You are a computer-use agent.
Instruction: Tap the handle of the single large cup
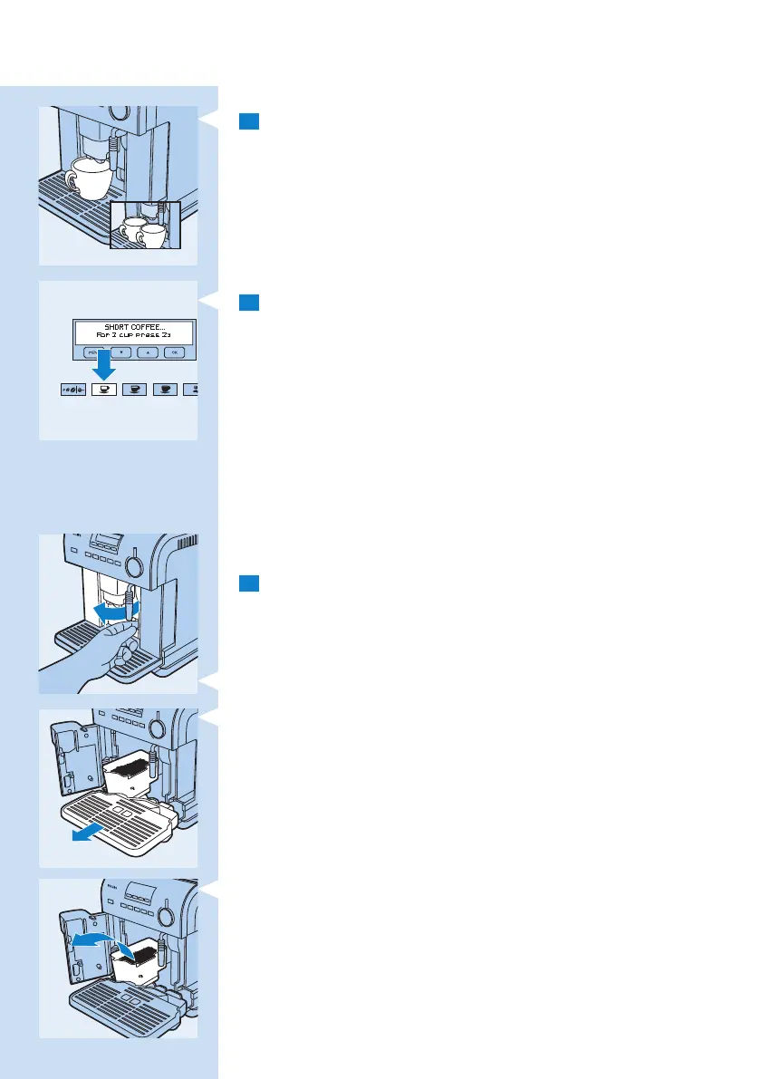70,178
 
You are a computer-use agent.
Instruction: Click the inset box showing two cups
145,225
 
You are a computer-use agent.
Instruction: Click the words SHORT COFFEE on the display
133,327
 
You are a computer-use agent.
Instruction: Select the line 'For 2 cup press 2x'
133,335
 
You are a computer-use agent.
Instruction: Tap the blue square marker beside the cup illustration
249,121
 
